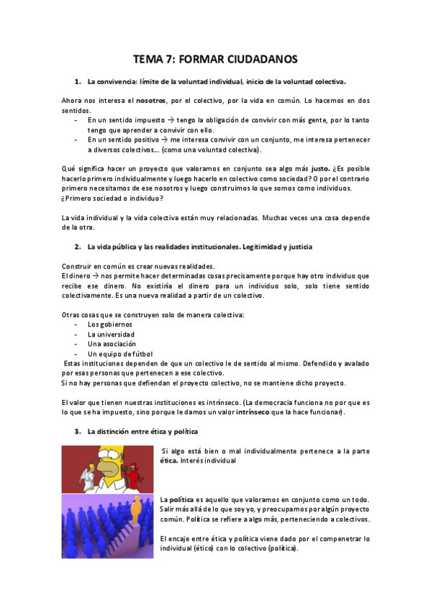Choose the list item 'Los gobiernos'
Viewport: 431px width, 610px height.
109,324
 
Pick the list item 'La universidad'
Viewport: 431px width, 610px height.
111,334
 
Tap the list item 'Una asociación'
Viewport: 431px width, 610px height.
111,344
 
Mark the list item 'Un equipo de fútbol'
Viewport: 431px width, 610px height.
120,354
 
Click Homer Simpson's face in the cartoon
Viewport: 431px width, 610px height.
111,464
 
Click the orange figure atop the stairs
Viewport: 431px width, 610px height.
135,511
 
